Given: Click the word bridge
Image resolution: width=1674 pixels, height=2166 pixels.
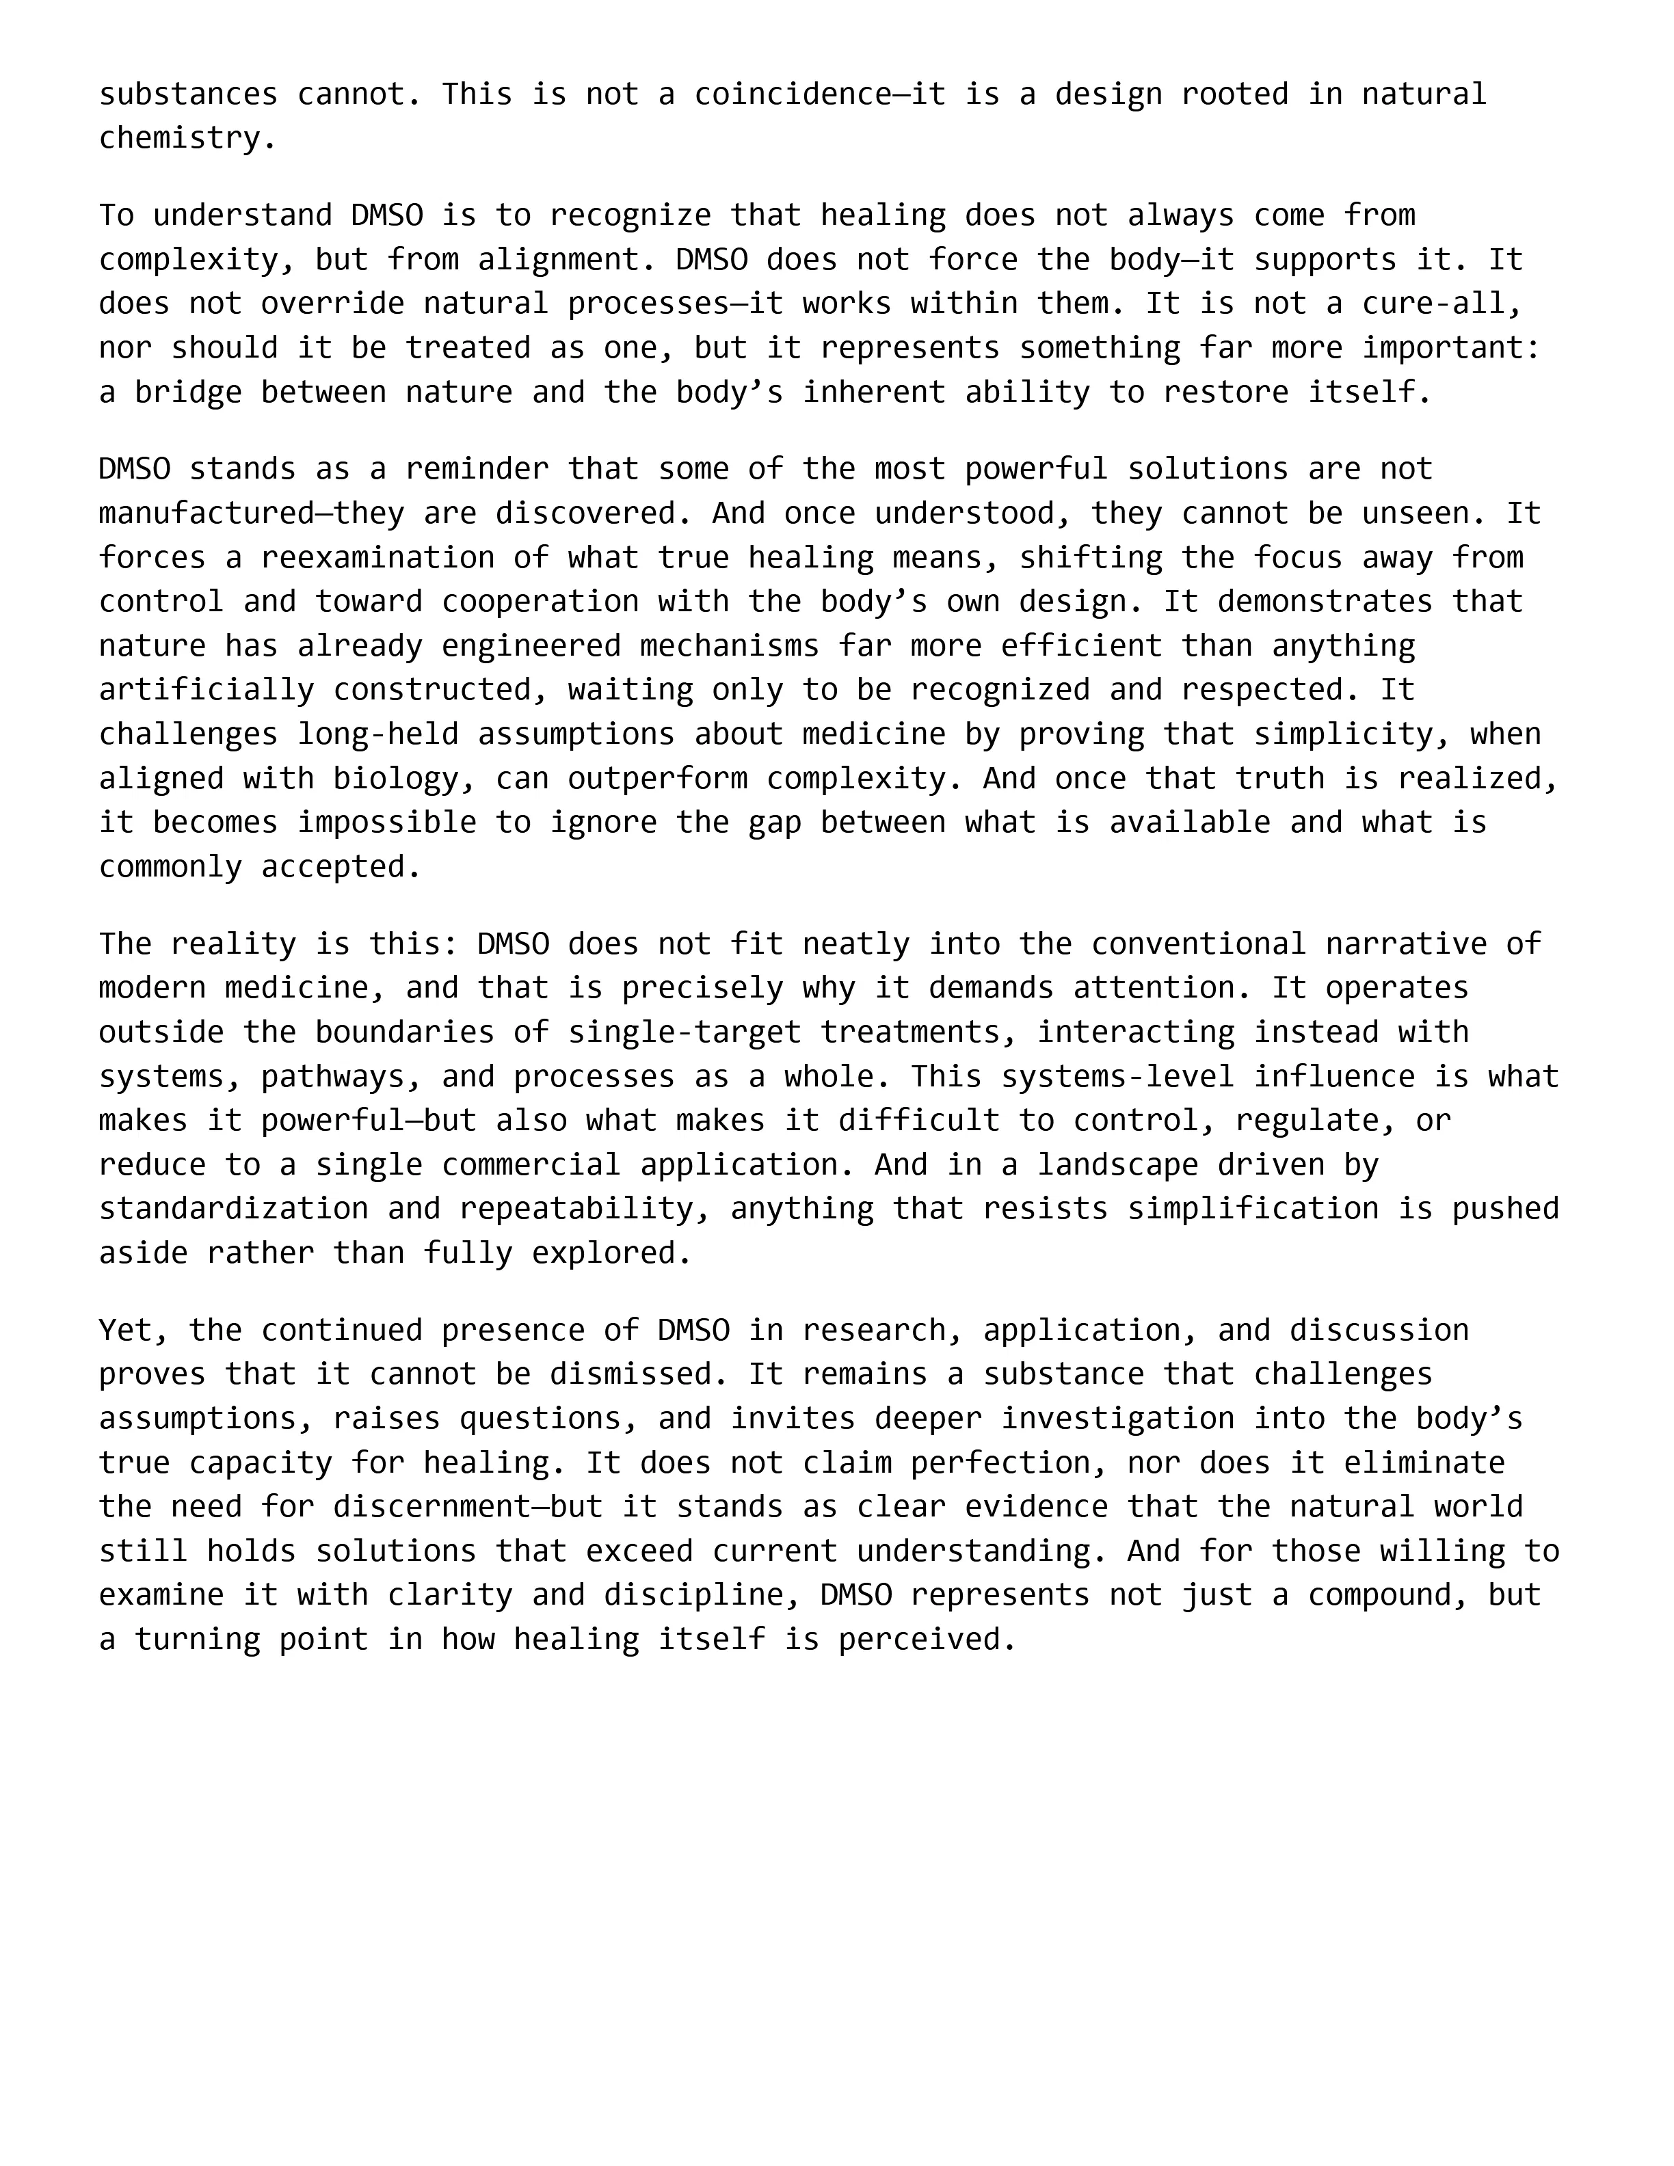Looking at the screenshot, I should [189, 392].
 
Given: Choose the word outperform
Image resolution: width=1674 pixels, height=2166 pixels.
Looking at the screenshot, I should [658, 779].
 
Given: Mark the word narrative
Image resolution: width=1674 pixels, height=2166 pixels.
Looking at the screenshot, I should [1406, 943].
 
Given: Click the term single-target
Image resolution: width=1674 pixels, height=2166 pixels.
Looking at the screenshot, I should [685, 1032].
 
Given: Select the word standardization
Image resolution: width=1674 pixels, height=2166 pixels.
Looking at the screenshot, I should [233, 1209].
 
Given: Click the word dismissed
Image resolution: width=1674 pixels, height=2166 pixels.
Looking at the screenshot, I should [639, 1374].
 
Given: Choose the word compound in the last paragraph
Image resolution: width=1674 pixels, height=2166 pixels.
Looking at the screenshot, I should [1379, 1596].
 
